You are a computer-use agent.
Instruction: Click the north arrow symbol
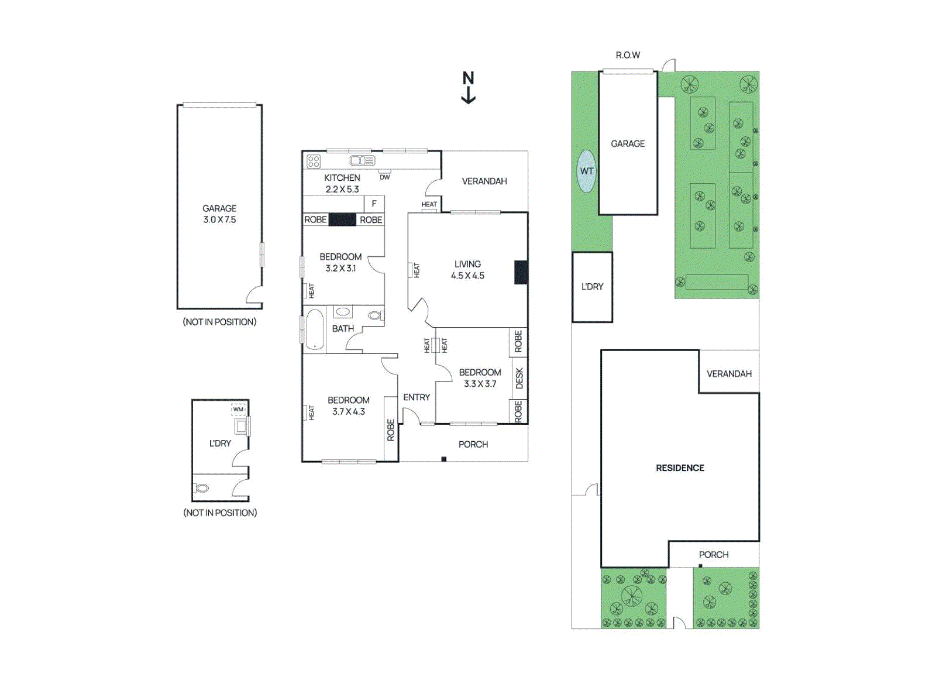point(468,88)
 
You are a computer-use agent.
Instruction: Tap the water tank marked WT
point(586,171)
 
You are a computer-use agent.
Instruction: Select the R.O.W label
point(628,55)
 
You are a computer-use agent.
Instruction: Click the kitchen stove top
point(314,161)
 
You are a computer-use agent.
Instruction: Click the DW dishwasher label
point(384,177)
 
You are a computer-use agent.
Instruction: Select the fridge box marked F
point(374,204)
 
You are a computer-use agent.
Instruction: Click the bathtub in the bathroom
point(315,329)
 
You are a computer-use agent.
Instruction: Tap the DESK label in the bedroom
point(519,378)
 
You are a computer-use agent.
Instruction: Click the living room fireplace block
point(521,273)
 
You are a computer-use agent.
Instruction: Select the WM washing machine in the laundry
point(238,409)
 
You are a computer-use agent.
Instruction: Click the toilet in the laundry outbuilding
point(202,488)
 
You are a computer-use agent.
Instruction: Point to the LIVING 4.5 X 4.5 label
point(467,270)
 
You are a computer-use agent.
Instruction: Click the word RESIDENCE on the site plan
point(680,468)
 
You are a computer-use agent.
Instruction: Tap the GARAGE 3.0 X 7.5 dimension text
point(219,219)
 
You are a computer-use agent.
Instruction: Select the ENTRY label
point(417,397)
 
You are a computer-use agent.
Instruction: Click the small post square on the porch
point(443,459)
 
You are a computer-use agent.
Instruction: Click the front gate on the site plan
point(679,623)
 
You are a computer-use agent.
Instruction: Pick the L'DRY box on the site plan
point(592,287)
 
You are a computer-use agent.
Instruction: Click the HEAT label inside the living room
point(416,270)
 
